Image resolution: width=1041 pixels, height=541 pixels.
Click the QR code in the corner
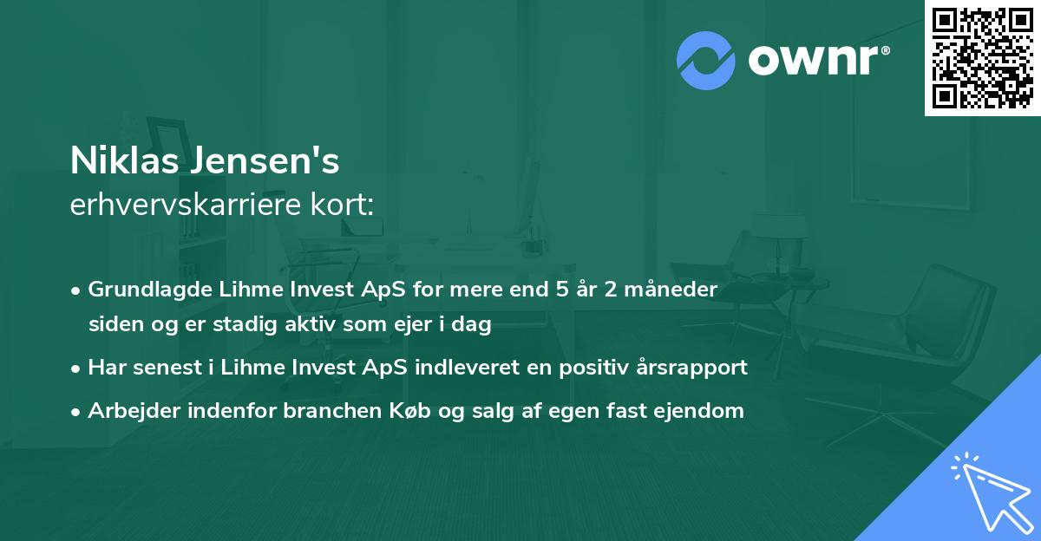click(x=982, y=58)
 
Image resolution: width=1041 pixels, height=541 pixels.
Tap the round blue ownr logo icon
click(x=707, y=59)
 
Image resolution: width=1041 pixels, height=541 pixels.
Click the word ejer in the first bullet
click(x=416, y=325)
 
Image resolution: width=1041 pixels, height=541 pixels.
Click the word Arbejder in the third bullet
click(x=126, y=411)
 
